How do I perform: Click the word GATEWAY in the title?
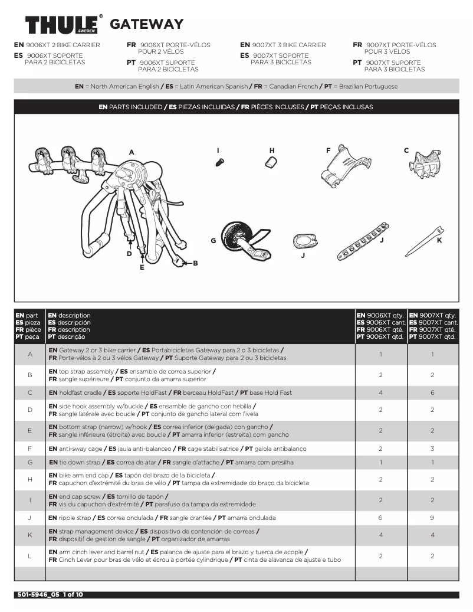(x=147, y=25)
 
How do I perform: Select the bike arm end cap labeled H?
(x=271, y=162)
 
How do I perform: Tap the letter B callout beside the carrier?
(x=196, y=263)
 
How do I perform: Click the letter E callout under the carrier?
(x=142, y=267)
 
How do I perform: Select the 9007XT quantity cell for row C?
(x=432, y=392)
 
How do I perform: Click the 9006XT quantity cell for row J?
(x=380, y=518)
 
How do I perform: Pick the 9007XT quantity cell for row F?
(x=432, y=449)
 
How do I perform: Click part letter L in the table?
(x=29, y=556)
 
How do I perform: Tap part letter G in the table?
(x=29, y=462)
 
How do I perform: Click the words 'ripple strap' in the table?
(x=75, y=518)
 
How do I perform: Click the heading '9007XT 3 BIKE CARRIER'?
(x=288, y=45)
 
